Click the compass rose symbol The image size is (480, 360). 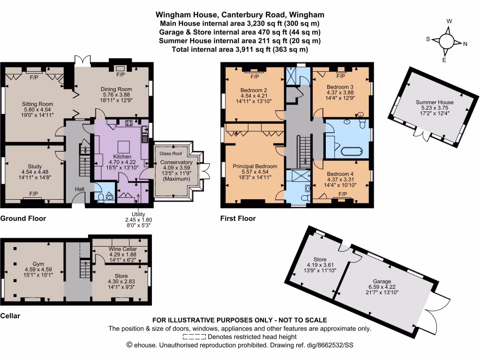coord(446,41)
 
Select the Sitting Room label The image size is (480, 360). coord(37,104)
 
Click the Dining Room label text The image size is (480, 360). coord(116,89)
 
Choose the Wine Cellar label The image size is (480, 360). coord(121,249)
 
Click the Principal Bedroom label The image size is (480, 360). coord(255,166)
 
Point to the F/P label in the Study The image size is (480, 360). coord(34,194)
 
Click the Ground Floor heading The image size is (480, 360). coord(23,218)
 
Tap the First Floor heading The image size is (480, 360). coord(238,218)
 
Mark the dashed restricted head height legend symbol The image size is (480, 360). coord(194,337)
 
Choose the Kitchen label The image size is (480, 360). coord(122,157)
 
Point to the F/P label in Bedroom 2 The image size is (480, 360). coord(255,76)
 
